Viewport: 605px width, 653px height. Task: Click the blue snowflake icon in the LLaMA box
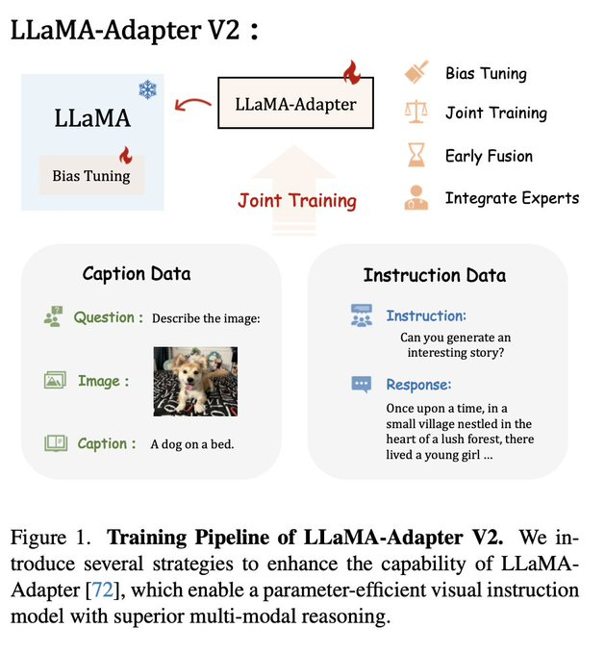click(x=147, y=90)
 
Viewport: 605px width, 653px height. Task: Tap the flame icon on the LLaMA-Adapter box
click(x=352, y=72)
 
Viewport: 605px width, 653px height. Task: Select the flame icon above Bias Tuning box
click(x=125, y=156)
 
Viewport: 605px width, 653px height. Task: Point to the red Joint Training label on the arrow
click(x=297, y=200)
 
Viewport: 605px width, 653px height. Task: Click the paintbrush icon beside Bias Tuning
click(x=416, y=72)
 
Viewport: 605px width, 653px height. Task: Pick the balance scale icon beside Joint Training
click(x=416, y=112)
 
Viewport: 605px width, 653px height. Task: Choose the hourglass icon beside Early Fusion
click(x=416, y=155)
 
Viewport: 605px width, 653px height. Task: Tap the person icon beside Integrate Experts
click(x=416, y=197)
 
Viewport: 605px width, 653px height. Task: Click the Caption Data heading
click(x=137, y=274)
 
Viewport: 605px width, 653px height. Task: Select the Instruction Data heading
click(x=435, y=275)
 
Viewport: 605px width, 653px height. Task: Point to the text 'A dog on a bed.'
click(x=192, y=444)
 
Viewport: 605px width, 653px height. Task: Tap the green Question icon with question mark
click(x=53, y=316)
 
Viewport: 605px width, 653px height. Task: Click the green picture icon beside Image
click(x=55, y=380)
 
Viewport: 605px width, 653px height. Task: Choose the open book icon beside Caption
click(x=56, y=443)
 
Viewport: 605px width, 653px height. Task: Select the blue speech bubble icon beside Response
click(x=362, y=385)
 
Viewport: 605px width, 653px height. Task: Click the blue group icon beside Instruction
click(x=362, y=315)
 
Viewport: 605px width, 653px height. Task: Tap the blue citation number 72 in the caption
click(x=102, y=590)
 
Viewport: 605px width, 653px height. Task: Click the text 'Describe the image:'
click(x=206, y=318)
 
